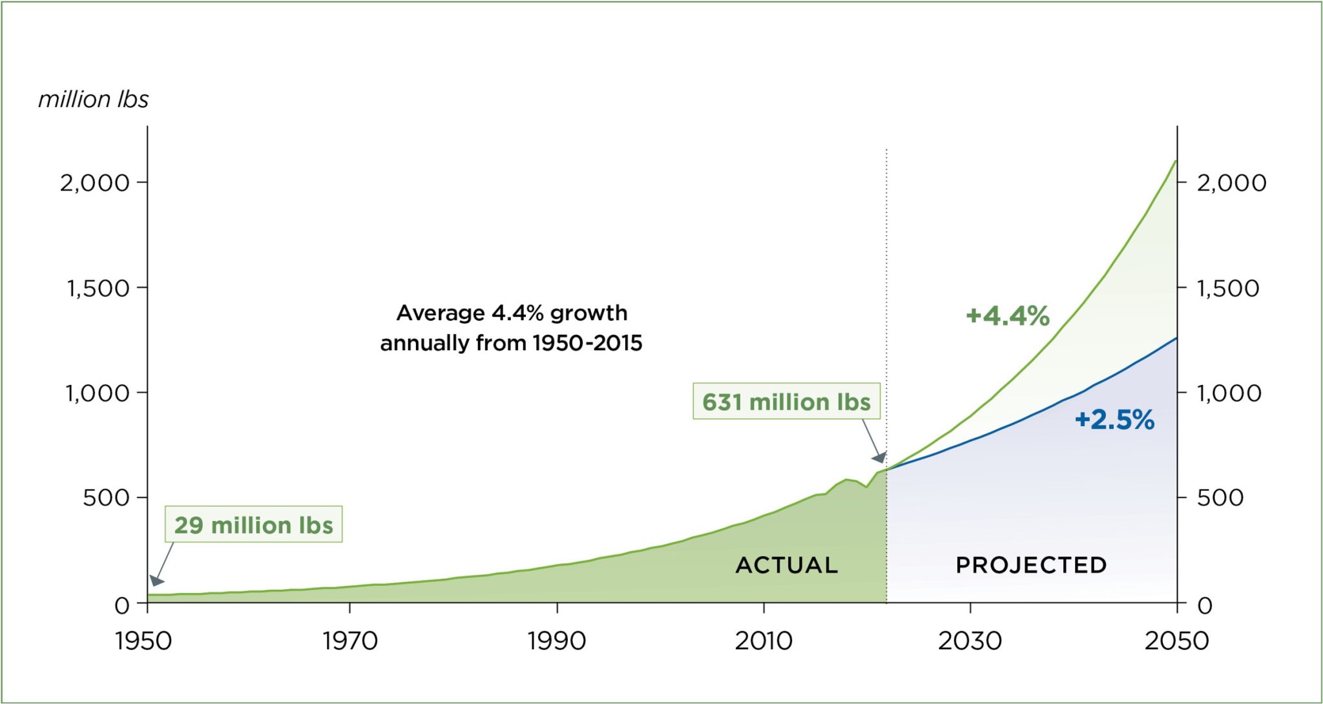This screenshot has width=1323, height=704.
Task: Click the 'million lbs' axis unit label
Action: (93, 99)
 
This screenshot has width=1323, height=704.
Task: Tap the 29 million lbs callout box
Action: (253, 524)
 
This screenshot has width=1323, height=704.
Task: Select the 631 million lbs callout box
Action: (786, 402)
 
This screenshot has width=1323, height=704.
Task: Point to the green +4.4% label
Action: (1007, 316)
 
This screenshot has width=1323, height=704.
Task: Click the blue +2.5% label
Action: (1114, 420)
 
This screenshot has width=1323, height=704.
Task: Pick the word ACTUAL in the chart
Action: (786, 565)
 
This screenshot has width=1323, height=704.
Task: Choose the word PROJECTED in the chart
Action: (1031, 565)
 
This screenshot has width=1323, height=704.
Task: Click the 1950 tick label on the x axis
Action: (143, 641)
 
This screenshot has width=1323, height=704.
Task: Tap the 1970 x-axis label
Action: (349, 641)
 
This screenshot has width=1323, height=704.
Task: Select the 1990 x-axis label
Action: (556, 641)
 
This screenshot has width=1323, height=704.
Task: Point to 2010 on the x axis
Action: (764, 641)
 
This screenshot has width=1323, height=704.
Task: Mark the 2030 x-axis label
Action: (970, 641)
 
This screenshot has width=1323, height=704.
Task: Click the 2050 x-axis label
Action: (1176, 641)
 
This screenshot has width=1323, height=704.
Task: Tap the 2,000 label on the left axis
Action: (95, 183)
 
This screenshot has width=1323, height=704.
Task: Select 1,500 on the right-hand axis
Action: (1228, 288)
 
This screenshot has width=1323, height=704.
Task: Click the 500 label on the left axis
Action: (106, 498)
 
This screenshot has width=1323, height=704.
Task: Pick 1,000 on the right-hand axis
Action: (1229, 393)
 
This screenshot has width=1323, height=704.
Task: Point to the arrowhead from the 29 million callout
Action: (156, 581)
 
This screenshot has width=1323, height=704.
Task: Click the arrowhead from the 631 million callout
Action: (879, 457)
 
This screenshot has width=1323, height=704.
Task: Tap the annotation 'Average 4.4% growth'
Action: (512, 313)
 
